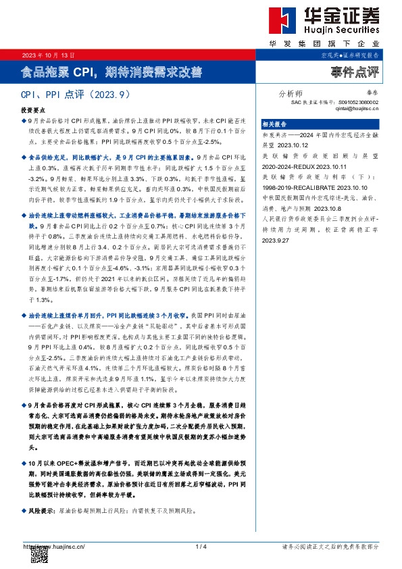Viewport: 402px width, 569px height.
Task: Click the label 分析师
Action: click(291, 94)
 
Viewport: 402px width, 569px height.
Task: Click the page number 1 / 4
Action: click(200, 546)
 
